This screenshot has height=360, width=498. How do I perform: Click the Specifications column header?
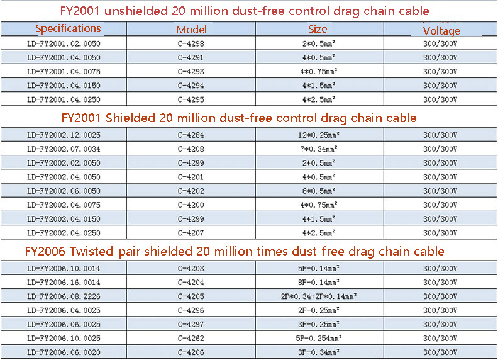tap(68, 28)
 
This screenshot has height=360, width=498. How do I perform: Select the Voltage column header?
tap(441, 31)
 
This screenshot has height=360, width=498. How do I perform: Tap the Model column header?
tap(192, 30)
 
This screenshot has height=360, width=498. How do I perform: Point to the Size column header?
tap(318, 29)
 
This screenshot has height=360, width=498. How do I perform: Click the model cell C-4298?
tap(191, 44)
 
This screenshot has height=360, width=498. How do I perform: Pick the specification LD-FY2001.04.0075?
tap(64, 72)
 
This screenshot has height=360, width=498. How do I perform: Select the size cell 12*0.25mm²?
tap(318, 135)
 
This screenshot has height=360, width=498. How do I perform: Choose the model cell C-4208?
tap(191, 149)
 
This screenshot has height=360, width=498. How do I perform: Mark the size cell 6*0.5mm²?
tap(318, 191)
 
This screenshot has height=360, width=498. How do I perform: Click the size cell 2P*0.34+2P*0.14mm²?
tap(318, 296)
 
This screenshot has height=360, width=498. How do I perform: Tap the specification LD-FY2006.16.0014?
tap(64, 283)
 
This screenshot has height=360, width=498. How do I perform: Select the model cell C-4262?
tap(191, 339)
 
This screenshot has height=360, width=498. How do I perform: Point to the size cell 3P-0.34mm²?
tap(318, 352)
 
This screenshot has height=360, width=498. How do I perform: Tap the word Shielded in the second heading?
tap(132, 118)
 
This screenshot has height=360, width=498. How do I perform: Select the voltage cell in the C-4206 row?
tap(440, 352)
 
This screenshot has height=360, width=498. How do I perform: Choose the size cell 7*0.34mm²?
tap(318, 149)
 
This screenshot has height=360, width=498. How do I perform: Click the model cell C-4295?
tap(191, 99)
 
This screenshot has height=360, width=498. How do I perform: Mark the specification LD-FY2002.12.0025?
tap(64, 135)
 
